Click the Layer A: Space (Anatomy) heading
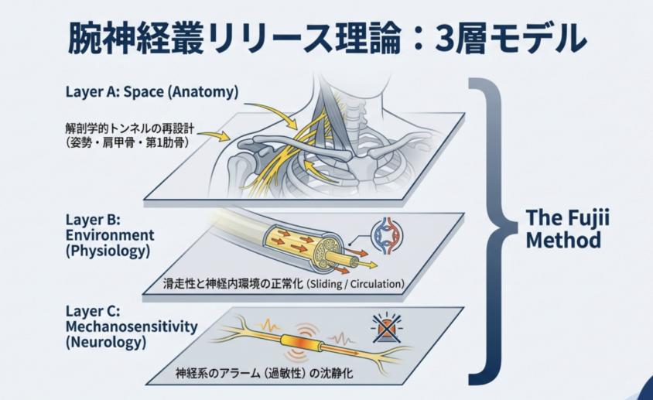pyautogui.click(x=152, y=91)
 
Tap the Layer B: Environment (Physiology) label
pyautogui.click(x=110, y=235)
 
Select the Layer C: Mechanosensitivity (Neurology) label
pyautogui.click(x=132, y=327)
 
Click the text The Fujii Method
pyautogui.click(x=567, y=229)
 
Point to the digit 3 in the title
pyautogui.click(x=446, y=39)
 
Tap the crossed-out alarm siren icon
pyautogui.click(x=386, y=328)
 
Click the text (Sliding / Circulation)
pyautogui.click(x=355, y=284)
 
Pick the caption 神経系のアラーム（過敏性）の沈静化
pyautogui.click(x=265, y=372)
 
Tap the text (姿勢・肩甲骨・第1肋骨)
pyautogui.click(x=128, y=143)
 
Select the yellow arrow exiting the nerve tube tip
pyautogui.click(x=365, y=263)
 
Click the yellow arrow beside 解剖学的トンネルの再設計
pyautogui.click(x=214, y=135)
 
